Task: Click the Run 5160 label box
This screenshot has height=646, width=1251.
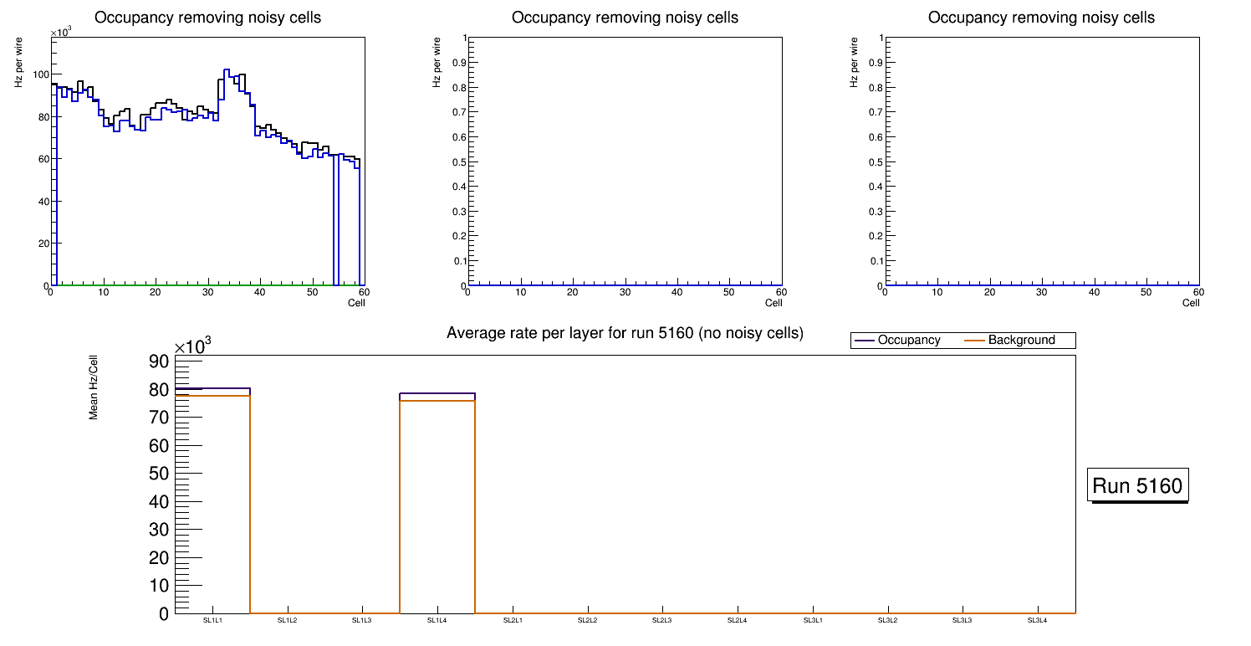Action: [1137, 485]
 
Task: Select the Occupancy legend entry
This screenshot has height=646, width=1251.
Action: [908, 341]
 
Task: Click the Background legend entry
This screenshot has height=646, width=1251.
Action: [1021, 341]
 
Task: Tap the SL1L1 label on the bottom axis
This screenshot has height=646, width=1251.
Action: [212, 620]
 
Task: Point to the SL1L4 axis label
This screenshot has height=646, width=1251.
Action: [437, 620]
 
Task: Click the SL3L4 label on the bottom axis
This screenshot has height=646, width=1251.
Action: [1037, 620]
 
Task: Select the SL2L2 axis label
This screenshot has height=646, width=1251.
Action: [588, 620]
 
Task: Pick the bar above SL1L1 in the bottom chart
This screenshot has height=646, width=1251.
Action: [212, 502]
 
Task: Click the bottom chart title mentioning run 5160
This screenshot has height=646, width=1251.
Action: [625, 333]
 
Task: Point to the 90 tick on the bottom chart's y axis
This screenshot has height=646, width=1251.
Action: [159, 361]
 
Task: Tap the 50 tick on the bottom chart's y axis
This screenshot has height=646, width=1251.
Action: [159, 474]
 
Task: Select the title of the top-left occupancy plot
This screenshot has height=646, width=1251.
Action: [207, 18]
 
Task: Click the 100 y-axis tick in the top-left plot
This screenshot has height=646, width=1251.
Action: [37, 75]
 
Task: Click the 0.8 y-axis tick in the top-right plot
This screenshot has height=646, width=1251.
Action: [873, 87]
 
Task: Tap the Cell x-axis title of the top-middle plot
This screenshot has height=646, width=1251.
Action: [774, 303]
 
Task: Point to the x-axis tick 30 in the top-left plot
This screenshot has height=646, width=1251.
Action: [207, 292]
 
